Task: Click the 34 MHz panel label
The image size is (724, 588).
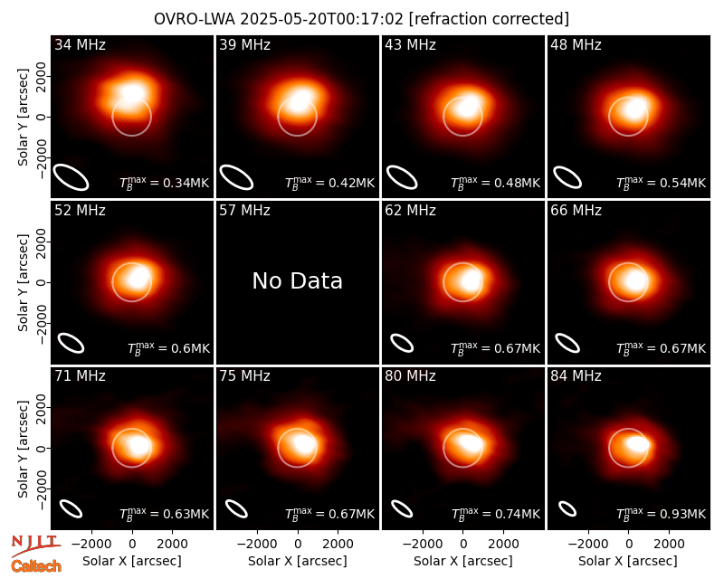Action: tap(80, 44)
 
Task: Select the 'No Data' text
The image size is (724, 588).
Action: tap(298, 280)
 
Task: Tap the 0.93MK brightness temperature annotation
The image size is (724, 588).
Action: tap(662, 513)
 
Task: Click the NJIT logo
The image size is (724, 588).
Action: tap(35, 545)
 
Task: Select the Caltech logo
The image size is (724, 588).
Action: tap(36, 566)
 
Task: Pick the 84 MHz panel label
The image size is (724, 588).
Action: tap(576, 376)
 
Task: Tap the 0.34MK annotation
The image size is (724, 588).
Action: tap(165, 183)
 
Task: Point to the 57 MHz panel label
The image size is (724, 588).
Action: tap(244, 211)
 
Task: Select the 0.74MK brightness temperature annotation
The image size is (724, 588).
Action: tap(495, 513)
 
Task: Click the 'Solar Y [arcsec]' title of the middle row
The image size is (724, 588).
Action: tap(24, 282)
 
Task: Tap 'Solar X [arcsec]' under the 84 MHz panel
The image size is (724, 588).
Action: tap(628, 561)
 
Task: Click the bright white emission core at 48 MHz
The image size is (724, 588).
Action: tap(636, 109)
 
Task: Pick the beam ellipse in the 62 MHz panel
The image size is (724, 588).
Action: tap(402, 343)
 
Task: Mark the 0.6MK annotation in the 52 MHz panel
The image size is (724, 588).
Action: tap(168, 348)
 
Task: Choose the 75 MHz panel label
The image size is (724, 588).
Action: tap(244, 376)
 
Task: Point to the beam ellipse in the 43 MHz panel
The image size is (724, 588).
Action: tap(402, 177)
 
